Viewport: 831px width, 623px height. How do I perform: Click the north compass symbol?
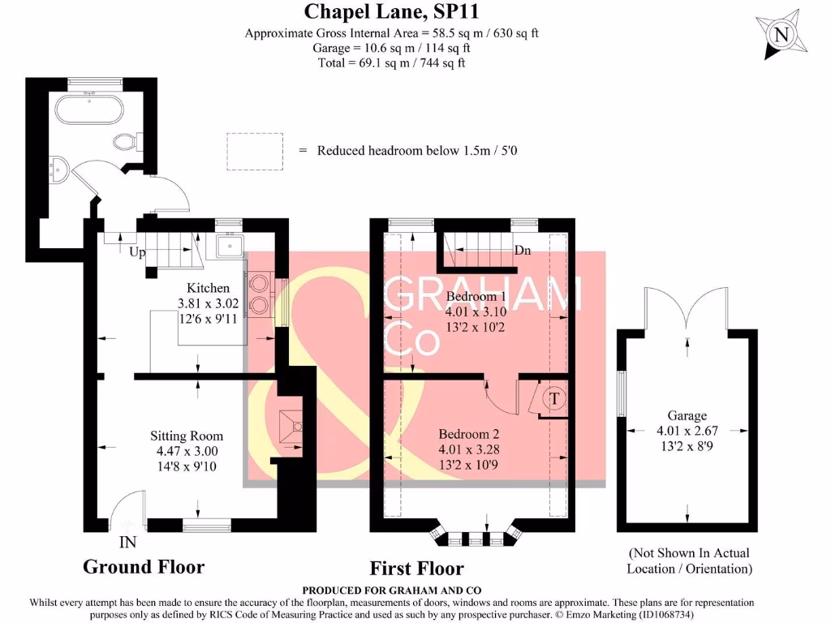[781, 35]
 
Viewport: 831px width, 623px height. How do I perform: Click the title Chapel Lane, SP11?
[358, 12]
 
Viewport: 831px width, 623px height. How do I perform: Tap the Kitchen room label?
[209, 288]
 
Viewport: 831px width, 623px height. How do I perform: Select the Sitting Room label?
[186, 436]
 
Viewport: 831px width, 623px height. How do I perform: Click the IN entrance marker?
[127, 542]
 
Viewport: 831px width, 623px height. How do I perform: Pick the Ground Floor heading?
[144, 566]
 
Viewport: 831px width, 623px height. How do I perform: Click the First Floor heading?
[416, 568]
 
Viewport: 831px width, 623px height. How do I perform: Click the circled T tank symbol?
[555, 398]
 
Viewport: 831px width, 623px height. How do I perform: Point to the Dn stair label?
[523, 251]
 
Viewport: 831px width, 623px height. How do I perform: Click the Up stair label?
[137, 252]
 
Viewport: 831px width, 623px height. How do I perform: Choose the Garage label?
[687, 415]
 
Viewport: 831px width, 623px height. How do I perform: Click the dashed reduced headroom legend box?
[255, 151]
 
